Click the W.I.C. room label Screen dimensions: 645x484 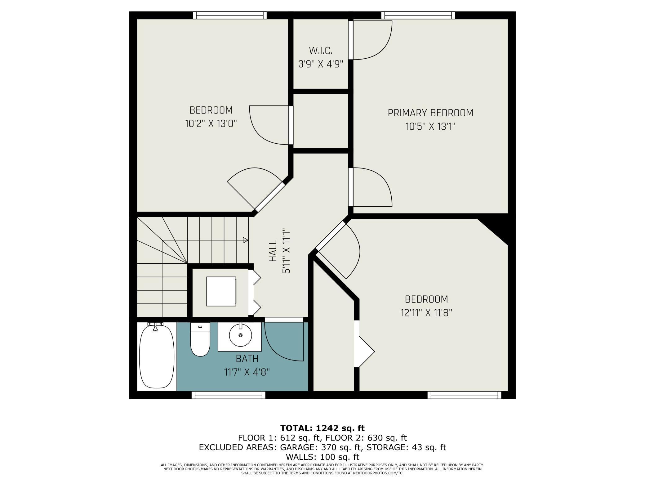click(321, 50)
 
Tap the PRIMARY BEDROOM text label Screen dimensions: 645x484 click(430, 113)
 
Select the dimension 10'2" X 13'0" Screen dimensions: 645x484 click(211, 124)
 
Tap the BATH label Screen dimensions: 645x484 click(247, 359)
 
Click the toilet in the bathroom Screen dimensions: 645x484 click(200, 339)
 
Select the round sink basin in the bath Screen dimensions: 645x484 click(240, 335)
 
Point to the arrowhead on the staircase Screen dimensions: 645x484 click(246, 240)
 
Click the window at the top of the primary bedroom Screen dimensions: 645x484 click(418, 15)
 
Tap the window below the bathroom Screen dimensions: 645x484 click(229, 395)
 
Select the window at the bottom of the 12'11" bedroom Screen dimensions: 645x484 click(464, 395)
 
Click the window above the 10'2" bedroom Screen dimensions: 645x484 click(230, 15)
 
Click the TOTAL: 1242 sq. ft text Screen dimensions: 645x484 click(322, 428)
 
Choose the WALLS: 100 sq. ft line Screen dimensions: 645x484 click(322, 457)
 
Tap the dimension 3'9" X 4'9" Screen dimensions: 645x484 click(321, 64)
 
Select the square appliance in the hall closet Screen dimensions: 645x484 click(221, 291)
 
